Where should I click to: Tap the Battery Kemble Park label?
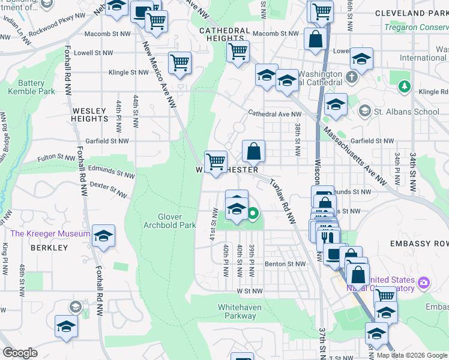31,87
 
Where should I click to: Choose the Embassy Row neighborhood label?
419,244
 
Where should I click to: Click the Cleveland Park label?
412,13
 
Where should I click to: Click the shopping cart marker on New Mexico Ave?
180,62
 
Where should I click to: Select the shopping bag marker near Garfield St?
254,151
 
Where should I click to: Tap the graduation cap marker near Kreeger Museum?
104,237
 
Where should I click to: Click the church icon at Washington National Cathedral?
352,77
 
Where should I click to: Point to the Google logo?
20,353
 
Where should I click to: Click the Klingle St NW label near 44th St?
128,73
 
